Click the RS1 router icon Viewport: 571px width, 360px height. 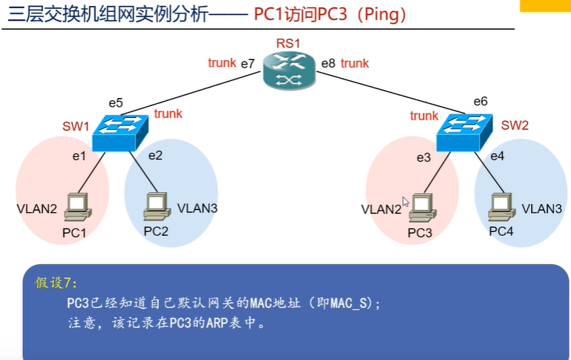click(x=289, y=71)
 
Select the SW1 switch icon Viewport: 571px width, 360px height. click(x=120, y=133)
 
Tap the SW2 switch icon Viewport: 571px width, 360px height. click(x=465, y=133)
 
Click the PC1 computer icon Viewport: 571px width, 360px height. click(x=77, y=207)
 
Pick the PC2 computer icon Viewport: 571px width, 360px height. click(x=157, y=206)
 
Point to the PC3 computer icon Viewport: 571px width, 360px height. click(x=422, y=208)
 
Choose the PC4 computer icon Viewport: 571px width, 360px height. click(x=502, y=207)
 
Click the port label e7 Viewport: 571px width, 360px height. click(x=247, y=64)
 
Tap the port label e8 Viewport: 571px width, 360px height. click(x=328, y=63)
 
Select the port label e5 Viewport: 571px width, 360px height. click(x=116, y=103)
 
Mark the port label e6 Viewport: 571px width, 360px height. click(x=480, y=101)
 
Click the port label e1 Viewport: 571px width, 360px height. click(x=79, y=156)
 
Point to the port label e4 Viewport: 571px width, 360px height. click(x=497, y=156)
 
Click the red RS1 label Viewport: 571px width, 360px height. click(x=288, y=43)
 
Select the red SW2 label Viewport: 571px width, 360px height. click(x=515, y=125)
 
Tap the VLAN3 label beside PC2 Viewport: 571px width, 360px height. click(x=198, y=209)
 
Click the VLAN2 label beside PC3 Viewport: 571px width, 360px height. click(x=381, y=209)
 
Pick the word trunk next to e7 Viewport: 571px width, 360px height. click(x=222, y=63)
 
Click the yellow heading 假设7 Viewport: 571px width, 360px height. click(x=56, y=283)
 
